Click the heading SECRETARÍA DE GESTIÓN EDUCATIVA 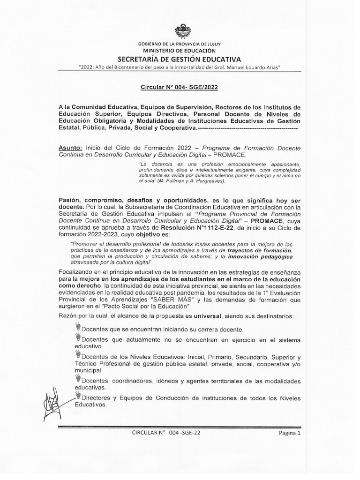(x=180, y=60)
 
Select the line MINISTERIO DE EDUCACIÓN (x=180, y=50)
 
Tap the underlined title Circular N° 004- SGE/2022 (x=180, y=87)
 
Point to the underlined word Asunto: (x=71, y=147)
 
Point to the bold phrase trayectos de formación (x=260, y=250)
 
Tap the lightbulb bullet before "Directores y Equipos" (x=78, y=397)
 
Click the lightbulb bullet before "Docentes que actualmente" (x=78, y=338)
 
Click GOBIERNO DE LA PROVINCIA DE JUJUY (x=180, y=44)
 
